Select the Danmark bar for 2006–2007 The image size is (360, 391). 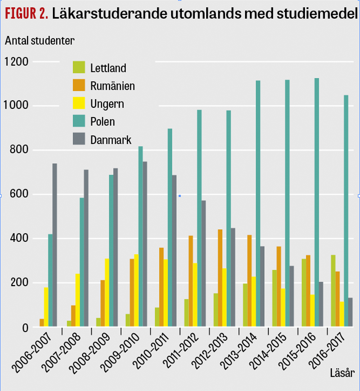pos(55,245)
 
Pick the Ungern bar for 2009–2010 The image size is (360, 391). pos(136,290)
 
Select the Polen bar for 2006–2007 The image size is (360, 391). pos(50,281)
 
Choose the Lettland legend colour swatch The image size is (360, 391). pos(79,67)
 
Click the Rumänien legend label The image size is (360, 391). pos(113,86)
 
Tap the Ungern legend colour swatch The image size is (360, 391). pos(79,104)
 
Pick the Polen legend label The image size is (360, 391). pos(103,121)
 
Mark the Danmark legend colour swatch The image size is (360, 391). pos(79,139)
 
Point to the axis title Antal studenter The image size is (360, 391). pos(40,40)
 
